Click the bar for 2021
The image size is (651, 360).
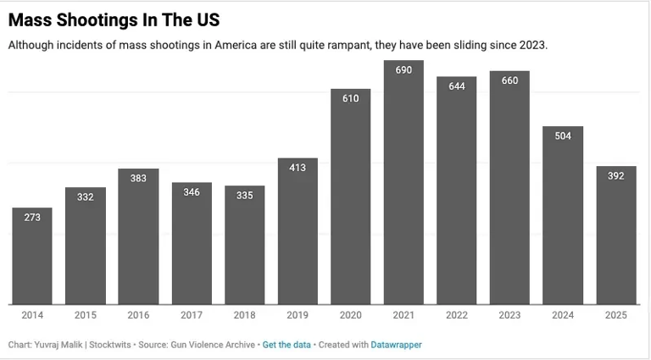403,182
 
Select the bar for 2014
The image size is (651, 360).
32,257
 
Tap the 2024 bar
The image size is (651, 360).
563,216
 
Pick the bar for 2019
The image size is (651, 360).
298,231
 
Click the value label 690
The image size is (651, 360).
403,70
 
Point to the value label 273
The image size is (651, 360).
32,218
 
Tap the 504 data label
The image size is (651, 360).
563,136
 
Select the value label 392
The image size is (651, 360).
615,176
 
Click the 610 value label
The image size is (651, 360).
351,98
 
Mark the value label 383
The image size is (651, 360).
138,179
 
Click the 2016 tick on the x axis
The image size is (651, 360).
138,315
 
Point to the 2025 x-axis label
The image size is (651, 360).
615,315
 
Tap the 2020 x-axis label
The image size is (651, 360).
351,315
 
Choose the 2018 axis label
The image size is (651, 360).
244,315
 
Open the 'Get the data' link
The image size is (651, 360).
287,345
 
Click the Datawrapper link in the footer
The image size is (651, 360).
396,345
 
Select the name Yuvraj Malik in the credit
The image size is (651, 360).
58,345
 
